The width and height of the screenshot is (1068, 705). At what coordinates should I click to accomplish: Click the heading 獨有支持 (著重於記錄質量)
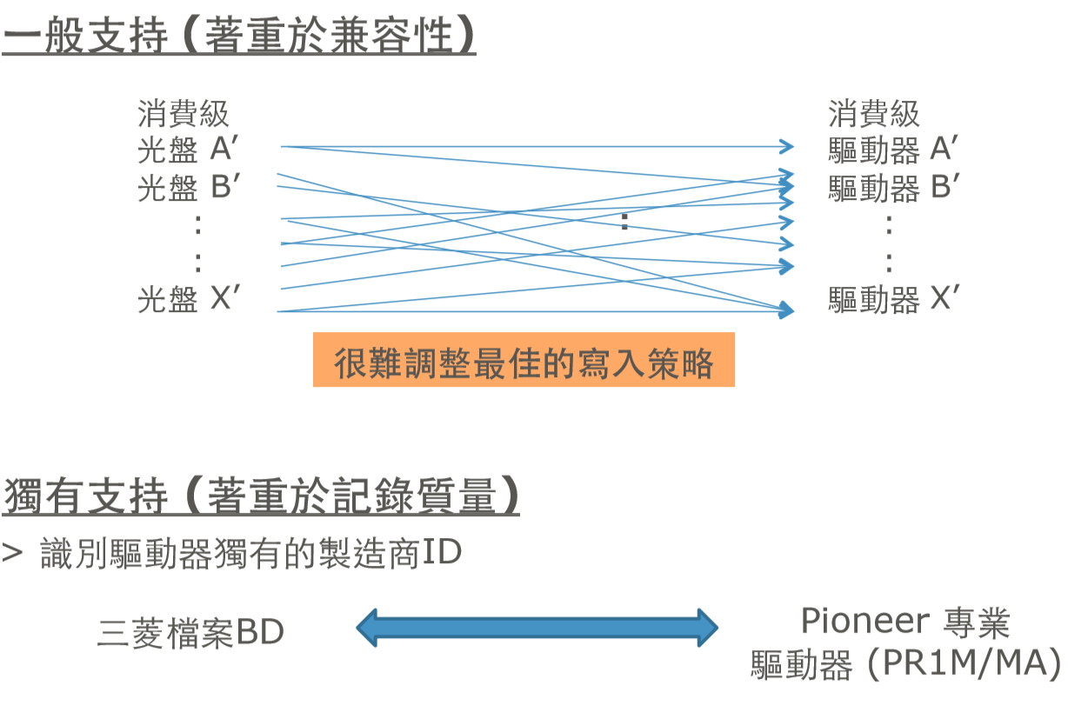coord(261,497)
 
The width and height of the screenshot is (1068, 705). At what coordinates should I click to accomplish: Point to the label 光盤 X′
coord(188,300)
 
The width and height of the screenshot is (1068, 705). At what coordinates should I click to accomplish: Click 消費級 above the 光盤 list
coord(184,114)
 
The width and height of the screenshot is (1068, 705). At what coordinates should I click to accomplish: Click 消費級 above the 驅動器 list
coord(873,114)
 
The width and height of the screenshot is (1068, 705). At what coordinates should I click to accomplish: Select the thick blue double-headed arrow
coord(537,626)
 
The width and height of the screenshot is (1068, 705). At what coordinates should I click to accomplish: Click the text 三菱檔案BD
coord(191,633)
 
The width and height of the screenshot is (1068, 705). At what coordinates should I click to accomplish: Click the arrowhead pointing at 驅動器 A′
coord(787,146)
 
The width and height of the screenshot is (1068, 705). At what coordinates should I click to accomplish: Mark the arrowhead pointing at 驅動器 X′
coord(786,310)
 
